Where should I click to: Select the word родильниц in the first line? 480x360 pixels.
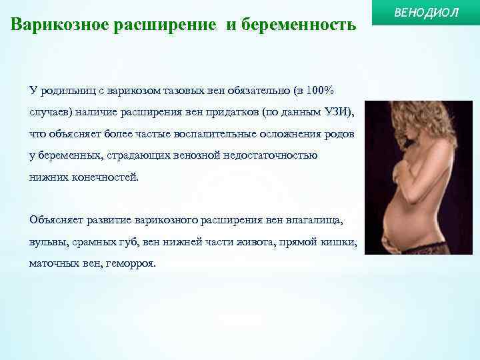click(x=66, y=90)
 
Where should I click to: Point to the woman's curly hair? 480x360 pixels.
click(x=400, y=120)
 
